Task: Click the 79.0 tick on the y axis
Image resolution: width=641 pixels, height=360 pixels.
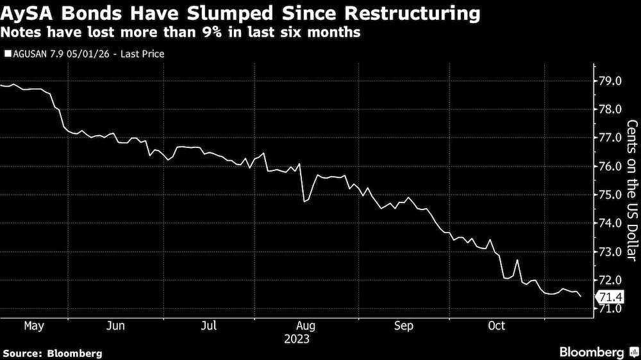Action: coord(609,81)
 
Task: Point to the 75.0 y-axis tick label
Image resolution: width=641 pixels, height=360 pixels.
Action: coord(609,195)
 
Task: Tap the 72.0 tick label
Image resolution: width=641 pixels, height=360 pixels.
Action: coord(609,280)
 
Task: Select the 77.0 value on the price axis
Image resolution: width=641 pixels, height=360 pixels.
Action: coord(609,138)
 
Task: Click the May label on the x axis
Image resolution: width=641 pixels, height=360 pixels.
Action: coord(33,326)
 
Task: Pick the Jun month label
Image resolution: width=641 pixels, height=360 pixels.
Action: coord(115,326)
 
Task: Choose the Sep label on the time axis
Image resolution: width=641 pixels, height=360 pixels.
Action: coord(404,326)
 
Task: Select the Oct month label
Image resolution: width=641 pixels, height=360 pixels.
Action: coord(497,326)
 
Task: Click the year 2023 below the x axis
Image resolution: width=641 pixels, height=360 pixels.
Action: coord(297,339)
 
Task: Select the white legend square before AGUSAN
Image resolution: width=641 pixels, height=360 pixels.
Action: coord(7,54)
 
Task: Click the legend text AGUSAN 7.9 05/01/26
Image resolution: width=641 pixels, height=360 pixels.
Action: coord(61,54)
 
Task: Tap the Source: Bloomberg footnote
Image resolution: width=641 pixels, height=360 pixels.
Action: coord(53,353)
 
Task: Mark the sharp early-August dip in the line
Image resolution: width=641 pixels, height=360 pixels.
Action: coord(305,200)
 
